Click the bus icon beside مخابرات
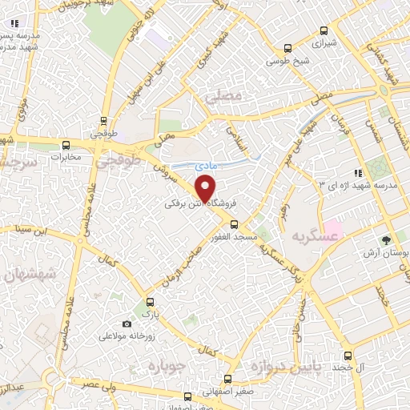coord(66,146)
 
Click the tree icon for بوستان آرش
coord(388,239)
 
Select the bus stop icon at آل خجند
coord(347,356)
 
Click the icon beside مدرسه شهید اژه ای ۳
coord(358,172)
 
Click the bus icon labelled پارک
coord(147,305)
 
